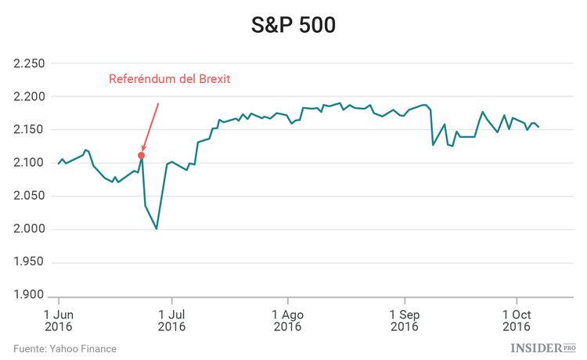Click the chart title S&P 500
coord(293,25)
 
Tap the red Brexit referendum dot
coord(141,155)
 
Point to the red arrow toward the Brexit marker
coord(150,125)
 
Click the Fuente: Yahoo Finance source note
coord(65,348)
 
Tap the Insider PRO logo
coord(542,347)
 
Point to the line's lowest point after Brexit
coord(157,229)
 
